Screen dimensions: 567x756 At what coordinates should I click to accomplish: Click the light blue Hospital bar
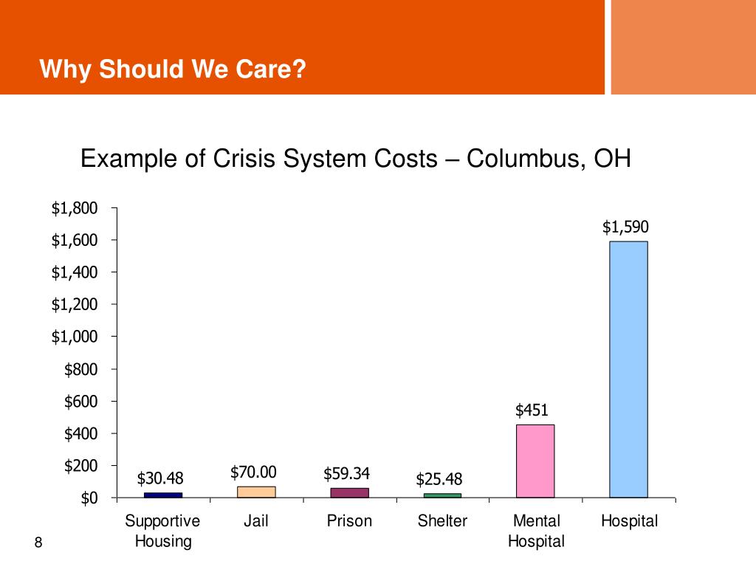[628, 369]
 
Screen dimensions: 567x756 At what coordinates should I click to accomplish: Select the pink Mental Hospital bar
[535, 461]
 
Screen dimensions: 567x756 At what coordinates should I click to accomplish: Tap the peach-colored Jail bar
[256, 492]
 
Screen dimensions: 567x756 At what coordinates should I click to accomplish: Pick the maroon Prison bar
[349, 492]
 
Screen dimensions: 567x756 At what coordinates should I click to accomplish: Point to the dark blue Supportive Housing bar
[163, 495]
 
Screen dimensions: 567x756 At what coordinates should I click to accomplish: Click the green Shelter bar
[442, 495]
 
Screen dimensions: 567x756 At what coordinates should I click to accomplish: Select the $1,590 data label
[625, 227]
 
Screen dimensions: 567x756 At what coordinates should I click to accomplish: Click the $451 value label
[532, 410]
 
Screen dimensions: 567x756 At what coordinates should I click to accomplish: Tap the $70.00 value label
[253, 472]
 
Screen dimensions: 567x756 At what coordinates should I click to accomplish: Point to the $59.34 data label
[346, 473]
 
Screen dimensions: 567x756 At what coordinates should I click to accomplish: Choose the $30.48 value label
[160, 479]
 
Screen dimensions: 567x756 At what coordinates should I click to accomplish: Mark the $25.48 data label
[439, 480]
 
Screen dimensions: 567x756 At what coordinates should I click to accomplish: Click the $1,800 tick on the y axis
[74, 208]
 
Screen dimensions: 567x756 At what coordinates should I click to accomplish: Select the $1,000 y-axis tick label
[74, 337]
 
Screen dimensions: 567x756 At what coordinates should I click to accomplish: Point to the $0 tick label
[89, 498]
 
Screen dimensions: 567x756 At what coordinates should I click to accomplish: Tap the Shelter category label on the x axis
[442, 521]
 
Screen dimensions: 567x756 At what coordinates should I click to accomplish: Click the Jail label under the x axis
[256, 521]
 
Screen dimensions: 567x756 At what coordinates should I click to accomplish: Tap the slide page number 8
[39, 544]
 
